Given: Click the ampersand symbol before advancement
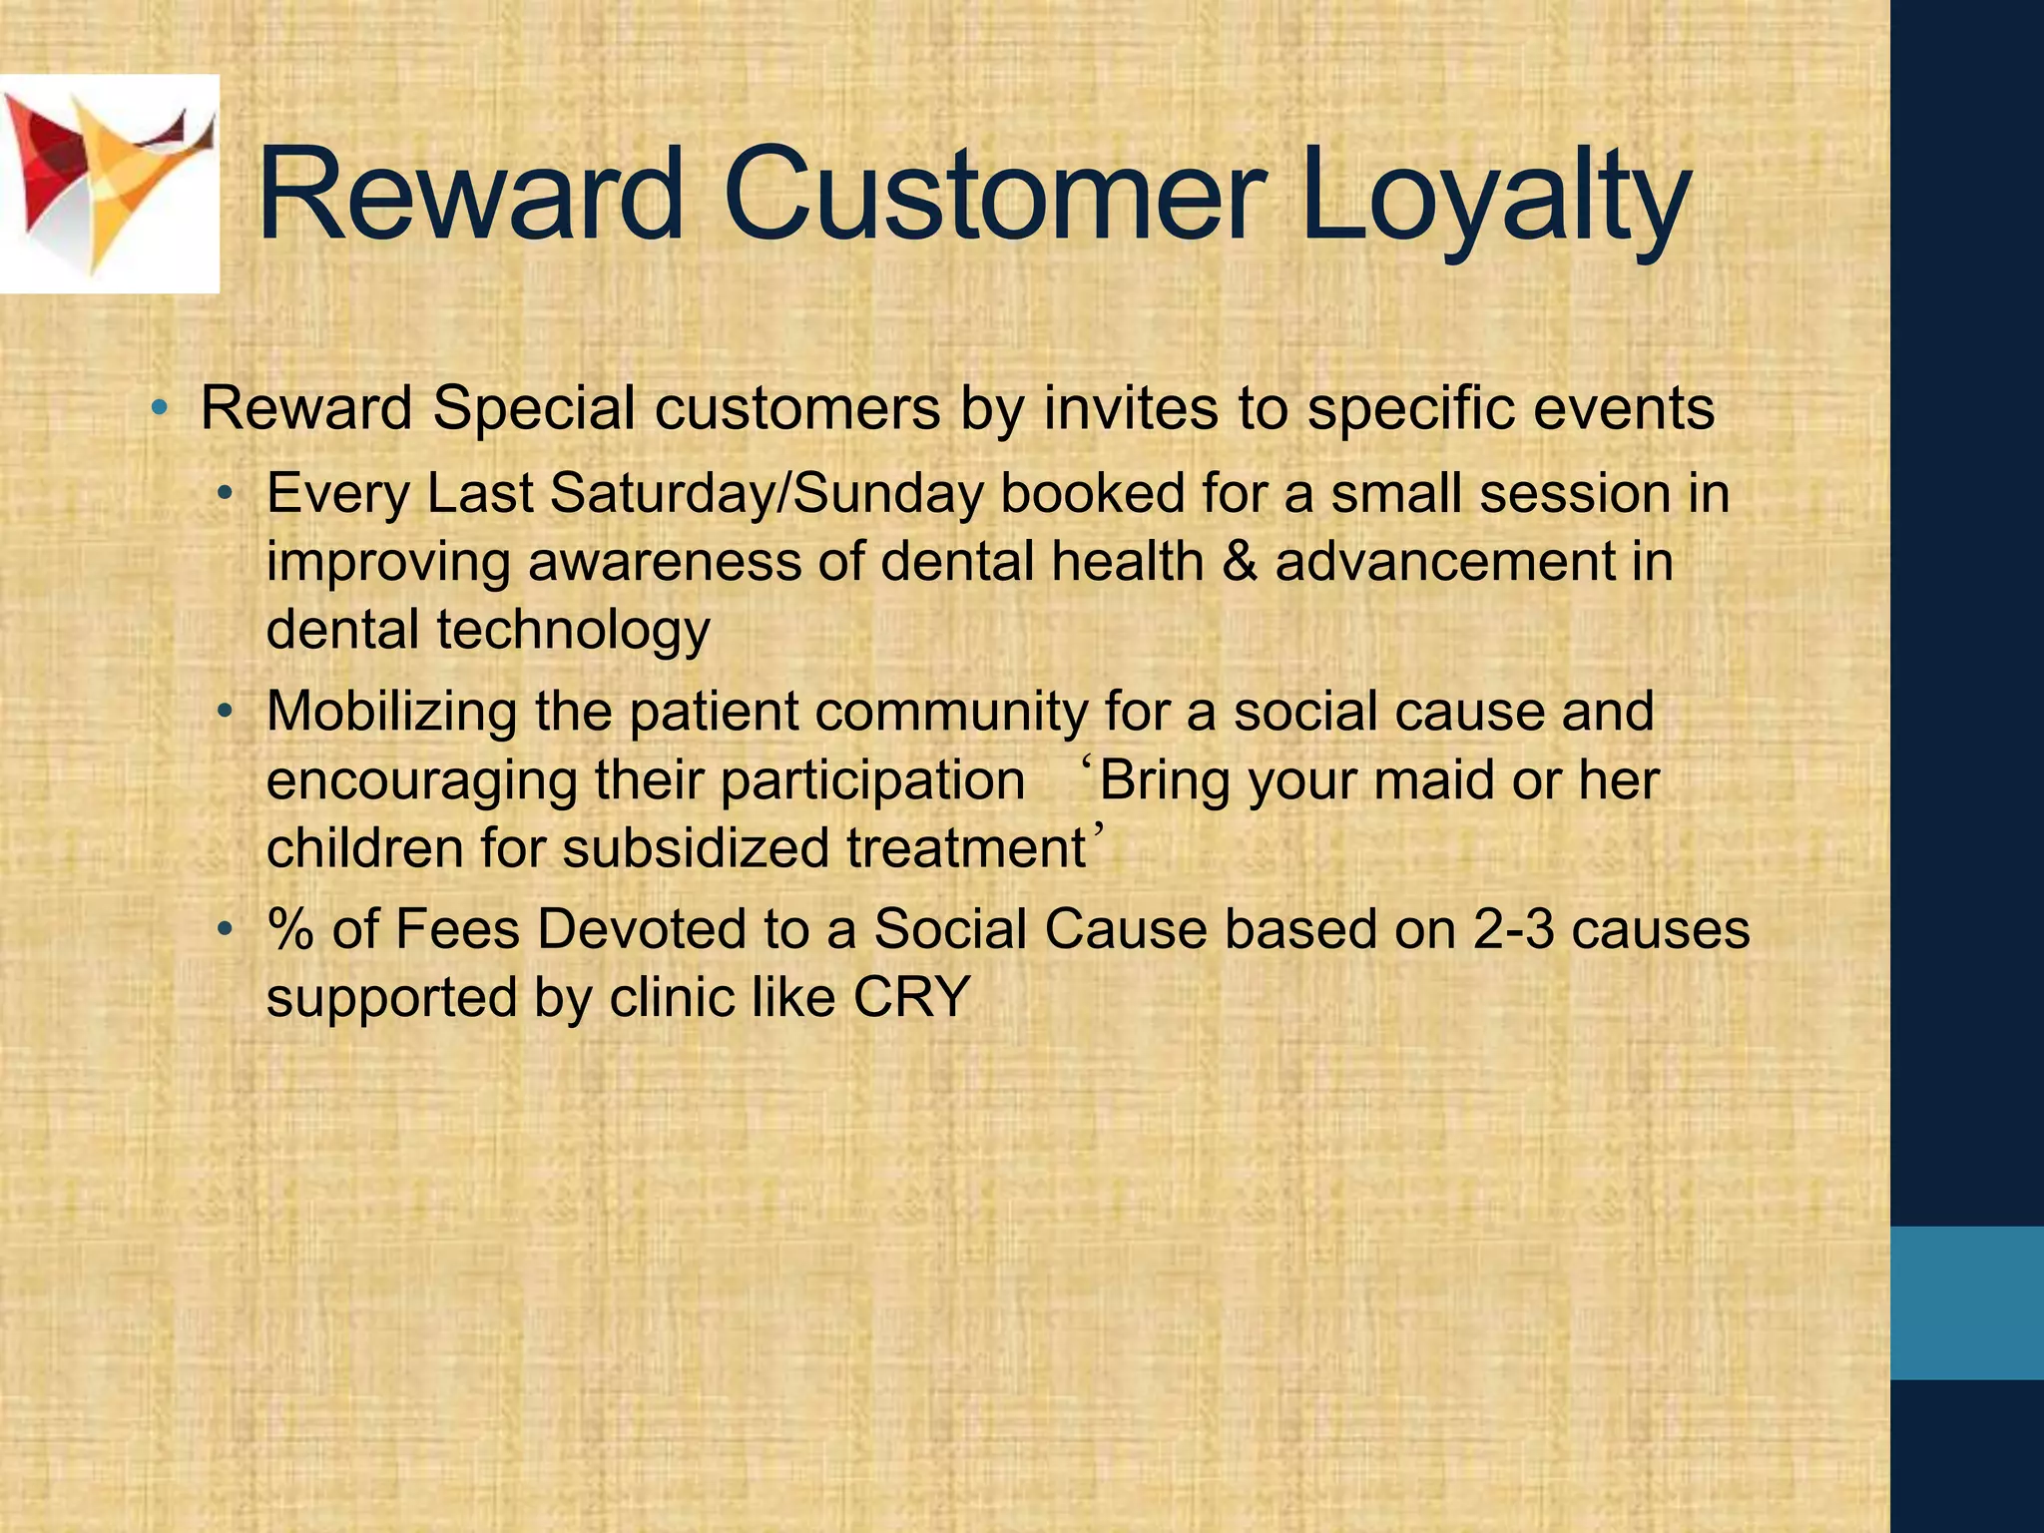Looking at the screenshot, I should click(x=1239, y=562).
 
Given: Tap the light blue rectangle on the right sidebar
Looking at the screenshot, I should click(x=1966, y=1302).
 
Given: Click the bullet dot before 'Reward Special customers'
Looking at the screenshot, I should click(x=159, y=408).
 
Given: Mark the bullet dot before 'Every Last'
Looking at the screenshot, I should click(x=227, y=494).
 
